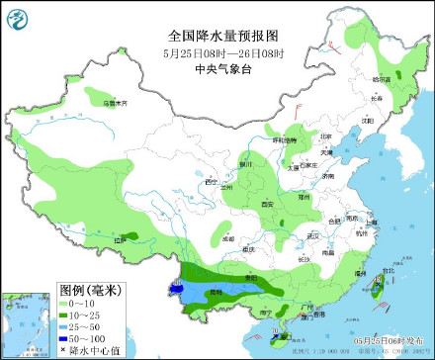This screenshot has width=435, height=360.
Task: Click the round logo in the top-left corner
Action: click(18, 17)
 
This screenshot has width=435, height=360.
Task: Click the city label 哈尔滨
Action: click(382, 78)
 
